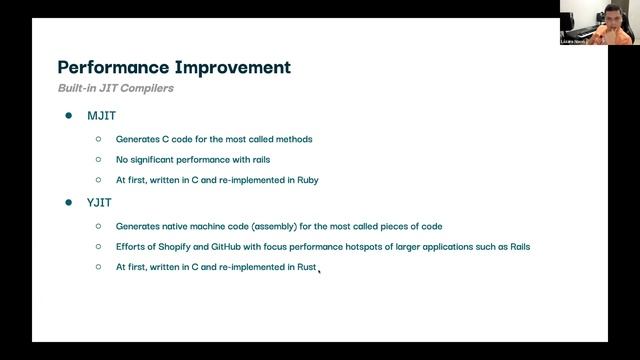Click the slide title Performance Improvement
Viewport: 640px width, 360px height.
[x=174, y=68]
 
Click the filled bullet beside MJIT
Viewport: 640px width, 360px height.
[x=69, y=117]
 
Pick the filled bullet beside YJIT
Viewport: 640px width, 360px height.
[x=69, y=203]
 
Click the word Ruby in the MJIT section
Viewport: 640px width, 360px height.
[x=306, y=181]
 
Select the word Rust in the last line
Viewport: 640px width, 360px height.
[x=306, y=268]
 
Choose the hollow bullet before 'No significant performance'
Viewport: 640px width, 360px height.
[x=99, y=160]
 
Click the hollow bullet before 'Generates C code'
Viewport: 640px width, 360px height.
[x=99, y=139]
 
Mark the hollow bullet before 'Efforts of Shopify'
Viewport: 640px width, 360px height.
[x=99, y=247]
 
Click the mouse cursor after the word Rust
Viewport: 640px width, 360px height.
[x=319, y=269]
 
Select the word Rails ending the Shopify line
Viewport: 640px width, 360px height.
[x=518, y=247]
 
